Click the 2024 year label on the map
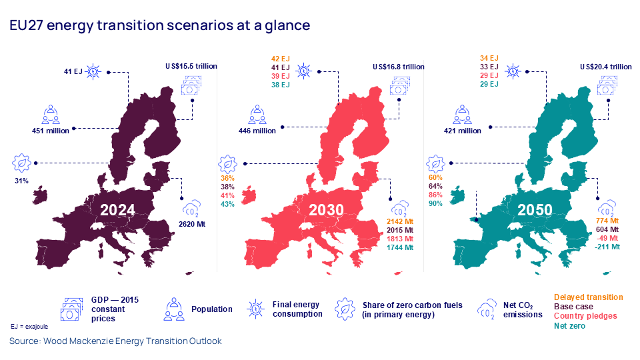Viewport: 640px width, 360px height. (x=117, y=211)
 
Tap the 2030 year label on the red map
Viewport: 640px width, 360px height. (x=326, y=211)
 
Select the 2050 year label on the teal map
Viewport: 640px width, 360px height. (x=535, y=211)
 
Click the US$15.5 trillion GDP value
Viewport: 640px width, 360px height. (x=191, y=67)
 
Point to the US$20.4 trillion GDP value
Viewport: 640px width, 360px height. (x=605, y=67)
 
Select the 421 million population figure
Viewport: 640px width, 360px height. (x=462, y=131)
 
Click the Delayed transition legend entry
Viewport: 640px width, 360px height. (x=588, y=297)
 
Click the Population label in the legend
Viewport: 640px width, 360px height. (x=211, y=309)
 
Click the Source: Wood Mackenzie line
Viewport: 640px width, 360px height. (x=115, y=341)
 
